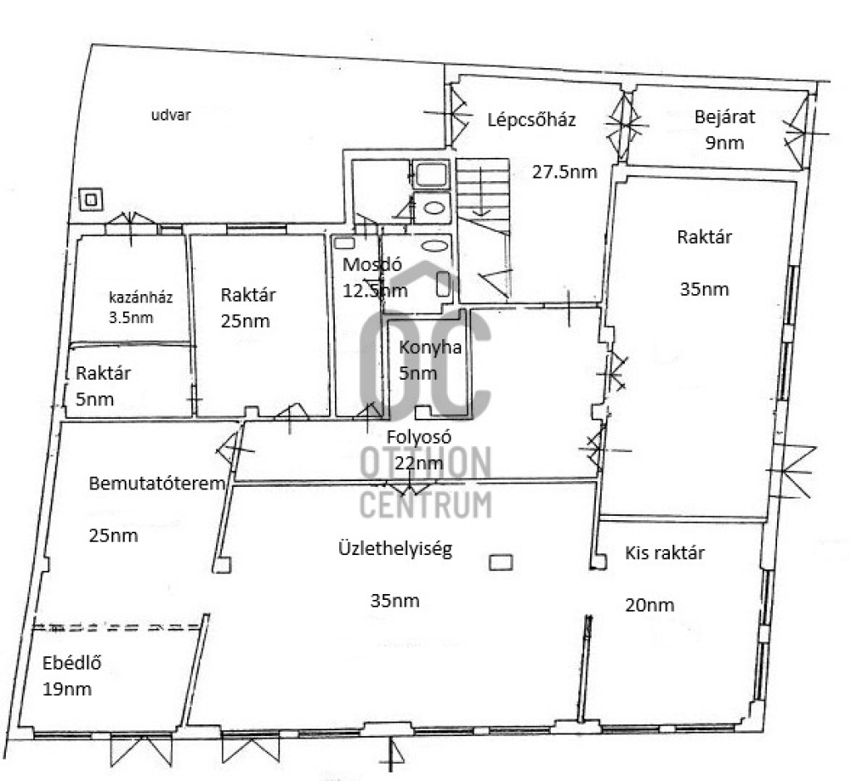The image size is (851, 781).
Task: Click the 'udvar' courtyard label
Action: [170, 115]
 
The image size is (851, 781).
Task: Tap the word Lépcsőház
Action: [531, 120]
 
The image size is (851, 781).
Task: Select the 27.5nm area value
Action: [564, 172]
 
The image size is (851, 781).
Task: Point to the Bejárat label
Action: [725, 116]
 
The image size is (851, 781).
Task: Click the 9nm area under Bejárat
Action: [724, 143]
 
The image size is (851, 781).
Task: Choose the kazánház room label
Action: [140, 297]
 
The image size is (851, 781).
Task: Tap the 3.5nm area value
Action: [130, 317]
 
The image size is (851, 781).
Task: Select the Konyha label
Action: [430, 347]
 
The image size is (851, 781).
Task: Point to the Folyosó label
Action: [419, 437]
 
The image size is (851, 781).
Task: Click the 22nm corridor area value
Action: [419, 463]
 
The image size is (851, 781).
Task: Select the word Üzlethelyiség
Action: [395, 548]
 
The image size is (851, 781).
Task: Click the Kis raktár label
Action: [665, 553]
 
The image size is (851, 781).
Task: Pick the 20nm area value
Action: [650, 605]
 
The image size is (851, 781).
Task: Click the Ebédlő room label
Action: [71, 663]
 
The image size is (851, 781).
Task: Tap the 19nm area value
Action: [66, 690]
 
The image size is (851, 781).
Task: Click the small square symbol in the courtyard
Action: [91, 199]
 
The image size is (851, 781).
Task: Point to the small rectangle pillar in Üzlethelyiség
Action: [500, 562]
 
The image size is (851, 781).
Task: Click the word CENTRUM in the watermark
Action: [425, 504]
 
